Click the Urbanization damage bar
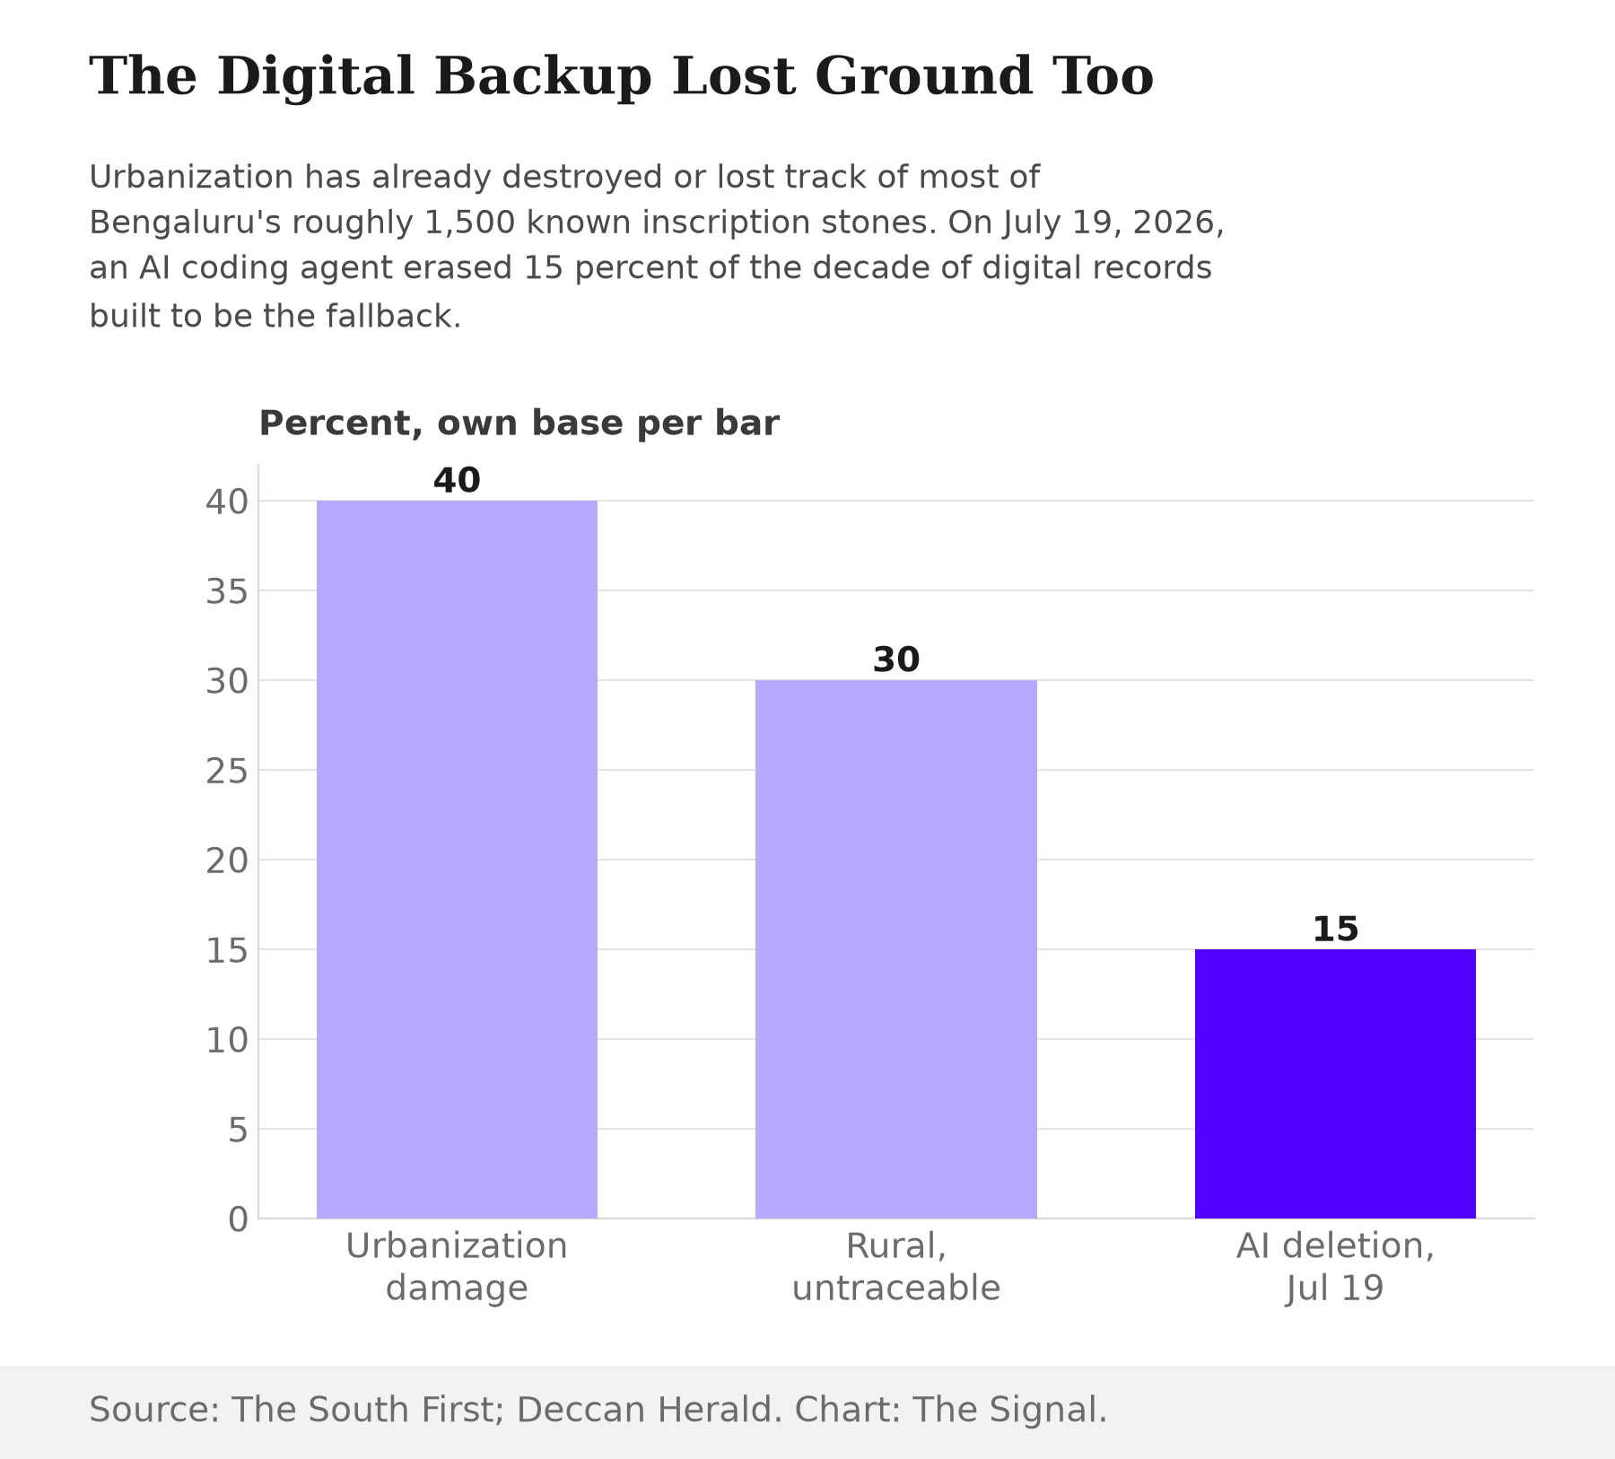(x=457, y=859)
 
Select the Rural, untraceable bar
(x=895, y=948)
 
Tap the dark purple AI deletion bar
(x=1335, y=1083)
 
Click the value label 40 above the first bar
(x=457, y=481)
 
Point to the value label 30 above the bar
(x=895, y=660)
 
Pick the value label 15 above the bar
(x=1335, y=930)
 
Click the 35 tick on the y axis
(x=226, y=591)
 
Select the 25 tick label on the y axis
(x=226, y=771)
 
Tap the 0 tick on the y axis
(x=238, y=1219)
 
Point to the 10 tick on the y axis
(x=226, y=1040)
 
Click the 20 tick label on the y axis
(x=226, y=861)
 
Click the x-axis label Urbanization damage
(x=457, y=1267)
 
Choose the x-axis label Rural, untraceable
(x=895, y=1267)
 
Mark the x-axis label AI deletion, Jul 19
(x=1335, y=1267)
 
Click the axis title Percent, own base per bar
(x=519, y=424)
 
